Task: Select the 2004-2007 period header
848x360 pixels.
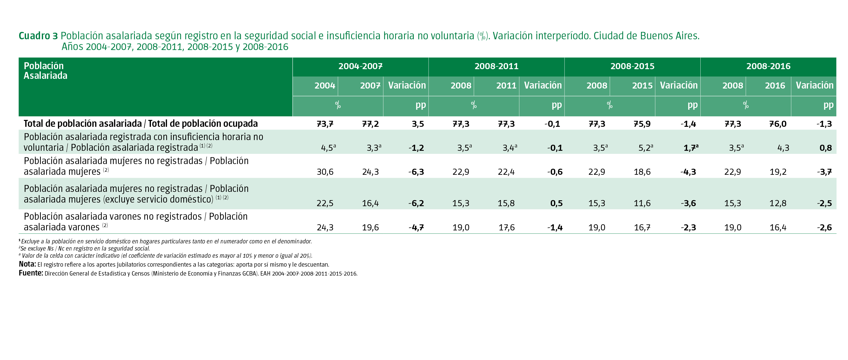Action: coord(360,66)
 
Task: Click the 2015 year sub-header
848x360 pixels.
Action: coord(642,86)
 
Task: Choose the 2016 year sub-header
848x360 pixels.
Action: coord(775,86)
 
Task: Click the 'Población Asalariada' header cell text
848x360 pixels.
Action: coord(45,70)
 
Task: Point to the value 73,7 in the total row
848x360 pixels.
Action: coord(325,124)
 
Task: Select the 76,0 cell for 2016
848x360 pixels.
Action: coord(778,124)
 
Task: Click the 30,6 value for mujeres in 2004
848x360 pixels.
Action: coord(325,172)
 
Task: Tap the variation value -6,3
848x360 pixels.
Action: coord(416,172)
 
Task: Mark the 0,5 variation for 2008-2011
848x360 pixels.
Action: coord(556,203)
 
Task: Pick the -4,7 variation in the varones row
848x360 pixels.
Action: coord(416,228)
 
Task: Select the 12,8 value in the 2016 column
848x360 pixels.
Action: coord(778,203)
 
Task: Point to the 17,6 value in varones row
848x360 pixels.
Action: coord(506,228)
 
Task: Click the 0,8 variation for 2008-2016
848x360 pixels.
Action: coord(825,148)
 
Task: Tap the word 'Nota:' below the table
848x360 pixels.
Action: coord(27,264)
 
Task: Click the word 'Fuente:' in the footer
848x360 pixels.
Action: coord(31,273)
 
